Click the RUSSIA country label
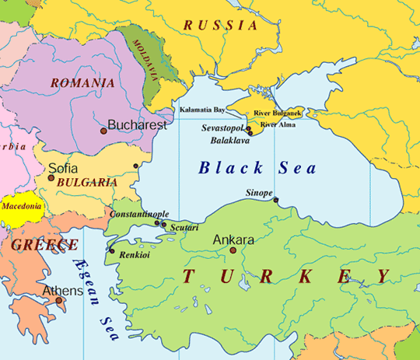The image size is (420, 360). point(220,26)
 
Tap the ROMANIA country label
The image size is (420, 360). point(82,83)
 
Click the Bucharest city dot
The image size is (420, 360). point(103,131)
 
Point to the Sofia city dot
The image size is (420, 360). point(51,178)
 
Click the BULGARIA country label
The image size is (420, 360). point(82,183)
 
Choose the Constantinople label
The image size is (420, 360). point(139,214)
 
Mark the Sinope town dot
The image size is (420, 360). point(275,200)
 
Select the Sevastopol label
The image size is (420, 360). point(222,126)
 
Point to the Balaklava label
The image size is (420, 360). point(230,142)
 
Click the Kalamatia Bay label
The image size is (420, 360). point(202,110)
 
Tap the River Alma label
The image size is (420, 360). point(278,124)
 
